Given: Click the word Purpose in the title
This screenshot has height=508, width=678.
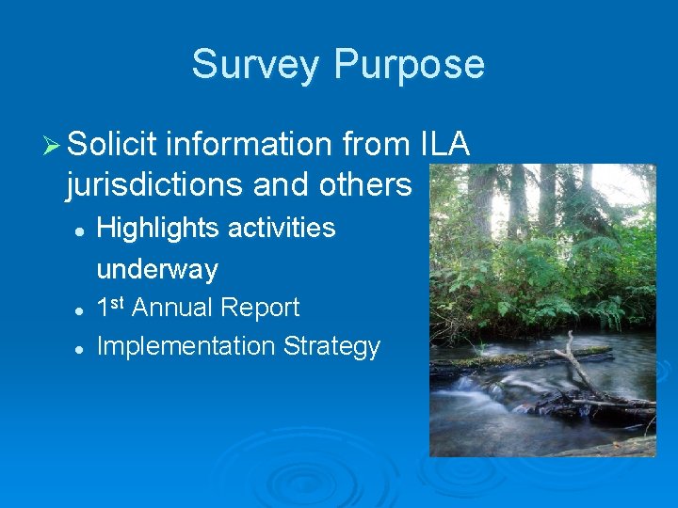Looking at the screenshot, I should point(409,65).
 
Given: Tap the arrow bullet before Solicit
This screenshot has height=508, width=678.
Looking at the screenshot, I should point(53,146).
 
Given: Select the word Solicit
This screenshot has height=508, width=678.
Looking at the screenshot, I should point(111,145).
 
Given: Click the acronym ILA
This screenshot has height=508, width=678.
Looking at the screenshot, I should point(441,145).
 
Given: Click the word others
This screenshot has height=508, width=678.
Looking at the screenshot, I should point(362,185).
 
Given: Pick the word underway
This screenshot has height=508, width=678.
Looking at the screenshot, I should point(157,270).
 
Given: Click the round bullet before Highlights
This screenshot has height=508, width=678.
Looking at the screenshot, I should point(81,230).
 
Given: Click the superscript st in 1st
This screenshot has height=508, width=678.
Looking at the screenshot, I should point(119,302).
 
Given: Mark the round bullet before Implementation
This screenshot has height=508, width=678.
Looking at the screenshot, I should point(81,347).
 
